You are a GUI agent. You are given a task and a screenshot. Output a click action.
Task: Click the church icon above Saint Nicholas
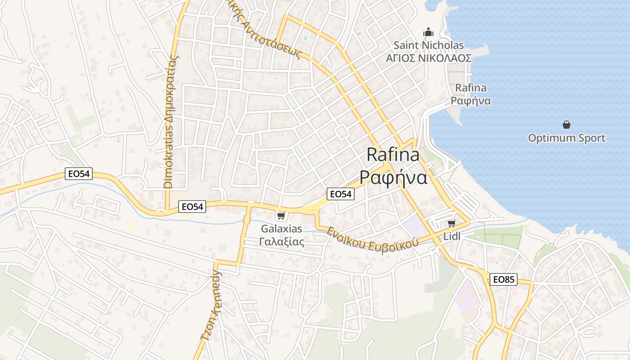coord(428,32)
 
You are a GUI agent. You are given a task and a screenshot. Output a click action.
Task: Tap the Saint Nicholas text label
coord(428,45)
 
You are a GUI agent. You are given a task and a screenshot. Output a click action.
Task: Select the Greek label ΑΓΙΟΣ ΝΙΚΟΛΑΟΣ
coord(428,58)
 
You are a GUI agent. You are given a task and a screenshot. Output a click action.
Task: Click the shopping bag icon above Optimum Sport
coord(567,124)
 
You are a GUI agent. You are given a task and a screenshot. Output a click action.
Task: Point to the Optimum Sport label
coord(567,138)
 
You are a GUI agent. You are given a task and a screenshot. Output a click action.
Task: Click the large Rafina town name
coord(393,155)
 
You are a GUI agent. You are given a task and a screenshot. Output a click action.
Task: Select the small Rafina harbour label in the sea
coord(471,88)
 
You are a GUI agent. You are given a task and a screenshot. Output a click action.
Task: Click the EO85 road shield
coord(503,279)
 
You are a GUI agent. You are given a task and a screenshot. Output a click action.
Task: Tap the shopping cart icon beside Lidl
coord(451,224)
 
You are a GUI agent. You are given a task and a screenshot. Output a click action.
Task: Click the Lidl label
coord(452,236)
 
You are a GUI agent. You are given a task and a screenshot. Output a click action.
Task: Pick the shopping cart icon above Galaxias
coord(281,216)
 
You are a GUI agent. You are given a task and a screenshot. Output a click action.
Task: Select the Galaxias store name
coord(281,229)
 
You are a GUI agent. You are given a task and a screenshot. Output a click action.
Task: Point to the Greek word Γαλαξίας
coord(282,242)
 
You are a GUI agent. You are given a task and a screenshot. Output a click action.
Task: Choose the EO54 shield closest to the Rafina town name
coord(340,194)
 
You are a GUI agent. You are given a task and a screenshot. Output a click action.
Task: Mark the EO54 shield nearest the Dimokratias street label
coord(192,207)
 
